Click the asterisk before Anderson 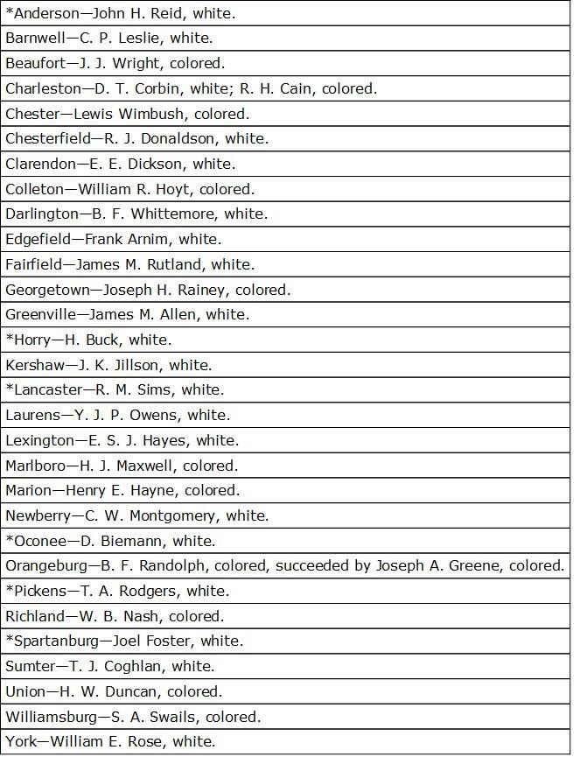point(10,12)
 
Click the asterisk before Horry point(10,339)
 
